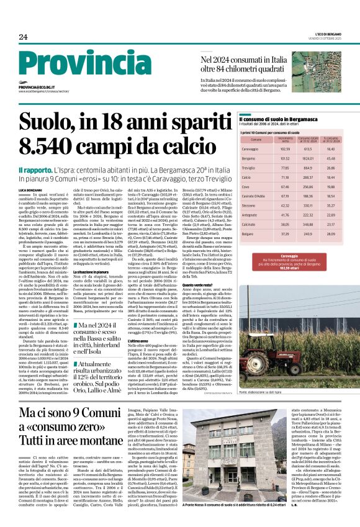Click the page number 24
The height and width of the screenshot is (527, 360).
click(23, 36)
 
